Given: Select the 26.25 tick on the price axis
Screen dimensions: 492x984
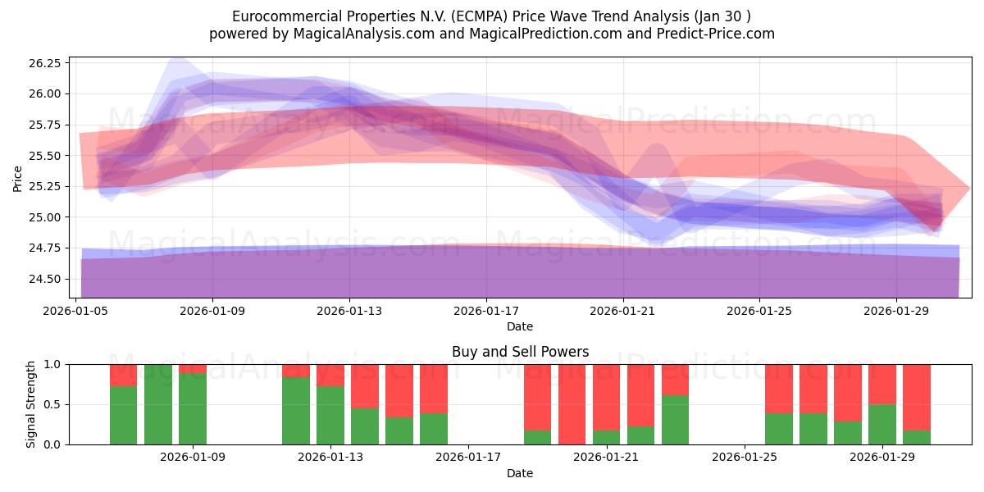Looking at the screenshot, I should point(43,63).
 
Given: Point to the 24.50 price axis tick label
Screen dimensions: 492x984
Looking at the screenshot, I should point(43,279).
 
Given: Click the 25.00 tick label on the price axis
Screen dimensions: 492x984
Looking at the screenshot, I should point(43,217).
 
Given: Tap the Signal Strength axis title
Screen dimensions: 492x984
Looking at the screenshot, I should point(31,404).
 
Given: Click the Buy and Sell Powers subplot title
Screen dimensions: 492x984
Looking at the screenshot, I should point(520,352).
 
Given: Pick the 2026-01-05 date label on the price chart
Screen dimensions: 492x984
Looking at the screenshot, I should point(76,311).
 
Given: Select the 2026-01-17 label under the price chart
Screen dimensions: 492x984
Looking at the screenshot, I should point(486,311).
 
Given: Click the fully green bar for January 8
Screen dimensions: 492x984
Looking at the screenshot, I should point(158,404).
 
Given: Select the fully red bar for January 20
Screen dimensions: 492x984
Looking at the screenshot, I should point(572,404).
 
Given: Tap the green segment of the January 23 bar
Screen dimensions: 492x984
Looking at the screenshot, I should point(675,420).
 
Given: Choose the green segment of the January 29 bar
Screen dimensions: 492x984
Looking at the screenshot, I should point(881,424).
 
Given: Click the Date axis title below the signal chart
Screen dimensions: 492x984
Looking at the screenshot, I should point(520,473).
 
